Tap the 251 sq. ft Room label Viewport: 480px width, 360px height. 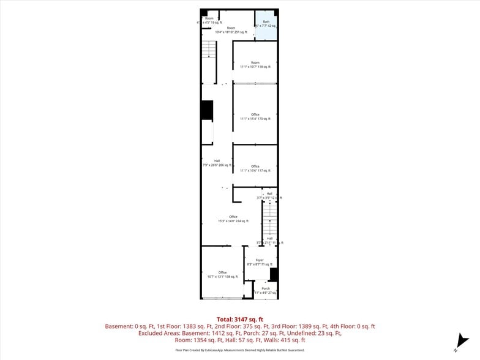(231, 30)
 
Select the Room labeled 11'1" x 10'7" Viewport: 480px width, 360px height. (255, 64)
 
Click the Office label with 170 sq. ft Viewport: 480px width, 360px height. (255, 116)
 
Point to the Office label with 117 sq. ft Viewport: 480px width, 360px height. (255, 168)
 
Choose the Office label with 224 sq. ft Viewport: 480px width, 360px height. (233, 219)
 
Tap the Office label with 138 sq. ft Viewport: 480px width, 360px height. (222, 274)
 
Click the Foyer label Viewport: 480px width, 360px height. (260, 262)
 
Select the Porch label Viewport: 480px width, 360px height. (265, 290)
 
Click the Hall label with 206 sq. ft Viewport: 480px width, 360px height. (217, 163)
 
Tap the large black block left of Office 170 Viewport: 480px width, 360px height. (207, 110)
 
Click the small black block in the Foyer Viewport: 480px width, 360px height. (274, 274)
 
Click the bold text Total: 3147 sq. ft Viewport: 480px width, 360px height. (240, 319)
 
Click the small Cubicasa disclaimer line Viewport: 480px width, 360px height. (240, 350)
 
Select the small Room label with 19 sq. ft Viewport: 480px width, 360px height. (209, 20)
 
